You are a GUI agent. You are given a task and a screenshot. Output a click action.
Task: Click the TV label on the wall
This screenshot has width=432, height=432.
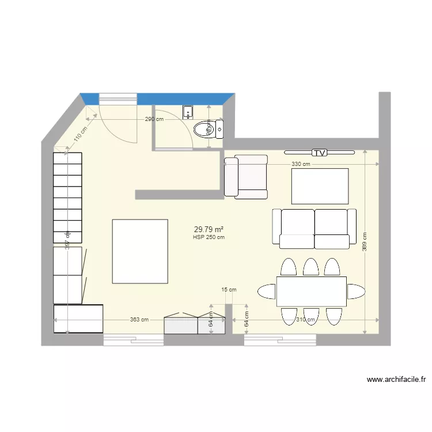319,153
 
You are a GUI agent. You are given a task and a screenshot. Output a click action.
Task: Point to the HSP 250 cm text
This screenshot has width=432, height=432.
209,237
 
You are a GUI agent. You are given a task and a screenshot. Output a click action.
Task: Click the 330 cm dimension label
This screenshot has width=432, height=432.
301,164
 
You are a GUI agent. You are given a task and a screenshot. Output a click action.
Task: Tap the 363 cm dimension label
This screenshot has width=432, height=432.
139,320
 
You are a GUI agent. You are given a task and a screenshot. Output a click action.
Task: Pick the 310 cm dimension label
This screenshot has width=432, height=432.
305,320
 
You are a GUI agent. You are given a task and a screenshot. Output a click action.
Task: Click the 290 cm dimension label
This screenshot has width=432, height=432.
154,119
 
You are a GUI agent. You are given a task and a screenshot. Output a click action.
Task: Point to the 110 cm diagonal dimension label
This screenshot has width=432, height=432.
79,134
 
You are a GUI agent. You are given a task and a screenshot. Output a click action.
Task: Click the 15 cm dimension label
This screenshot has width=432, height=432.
229,290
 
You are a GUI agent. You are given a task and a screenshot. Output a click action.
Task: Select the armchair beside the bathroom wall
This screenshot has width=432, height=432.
247,177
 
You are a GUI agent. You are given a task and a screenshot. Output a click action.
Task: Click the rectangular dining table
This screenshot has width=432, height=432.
311,291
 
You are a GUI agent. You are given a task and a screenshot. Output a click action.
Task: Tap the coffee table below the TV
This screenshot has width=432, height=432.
320,186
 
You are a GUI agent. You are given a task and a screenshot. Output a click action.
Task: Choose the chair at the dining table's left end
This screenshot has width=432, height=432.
267,291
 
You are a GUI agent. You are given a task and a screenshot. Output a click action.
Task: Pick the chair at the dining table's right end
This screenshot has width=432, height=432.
355,291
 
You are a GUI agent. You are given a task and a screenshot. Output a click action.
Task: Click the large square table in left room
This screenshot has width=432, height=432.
140,251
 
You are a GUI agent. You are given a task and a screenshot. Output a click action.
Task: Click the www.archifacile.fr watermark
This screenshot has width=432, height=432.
396,380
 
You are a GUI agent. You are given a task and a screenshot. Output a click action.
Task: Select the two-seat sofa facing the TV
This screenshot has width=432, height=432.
314,229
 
